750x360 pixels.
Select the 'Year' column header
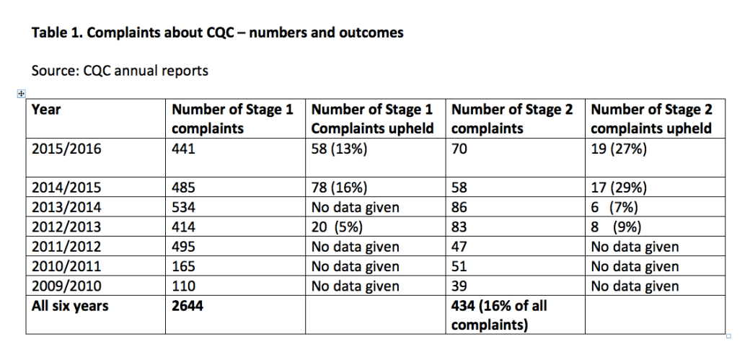46,110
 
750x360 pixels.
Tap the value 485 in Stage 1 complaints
183,188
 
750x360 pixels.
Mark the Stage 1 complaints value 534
183,208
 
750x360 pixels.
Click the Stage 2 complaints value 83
459,227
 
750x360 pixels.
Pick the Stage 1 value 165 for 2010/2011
183,267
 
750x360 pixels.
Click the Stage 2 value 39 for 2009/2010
459,286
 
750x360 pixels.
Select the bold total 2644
187,306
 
